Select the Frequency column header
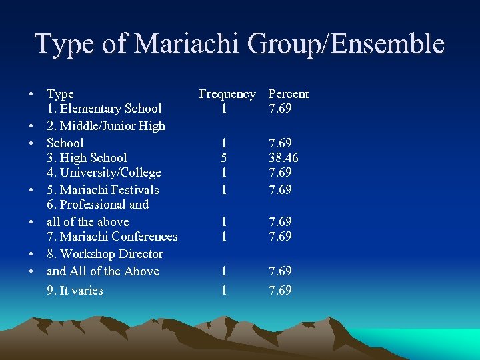(x=227, y=94)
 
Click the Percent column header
(x=288, y=94)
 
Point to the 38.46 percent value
(x=283, y=158)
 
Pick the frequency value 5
(x=224, y=158)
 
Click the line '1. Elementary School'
(x=104, y=109)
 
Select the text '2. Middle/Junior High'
(x=106, y=125)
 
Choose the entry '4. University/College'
(x=104, y=173)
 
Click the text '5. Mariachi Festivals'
(x=103, y=190)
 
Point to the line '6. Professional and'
(x=97, y=205)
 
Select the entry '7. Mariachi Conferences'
(x=112, y=237)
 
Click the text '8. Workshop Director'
(x=105, y=254)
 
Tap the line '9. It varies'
(x=75, y=290)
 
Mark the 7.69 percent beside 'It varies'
(x=280, y=290)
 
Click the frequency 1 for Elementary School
(x=224, y=109)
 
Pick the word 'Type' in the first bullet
(x=60, y=94)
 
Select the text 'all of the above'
(x=88, y=221)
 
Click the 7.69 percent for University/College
(x=280, y=173)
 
